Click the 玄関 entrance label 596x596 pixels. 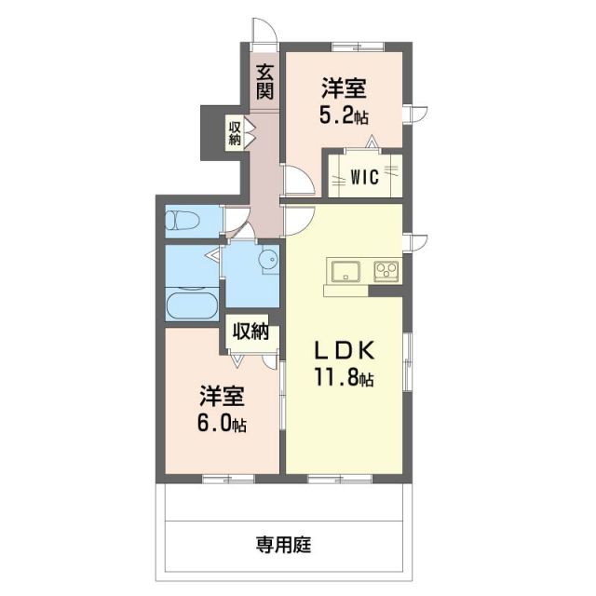[x=265, y=80]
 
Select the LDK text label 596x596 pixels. [x=343, y=351]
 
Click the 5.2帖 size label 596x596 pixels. [x=344, y=117]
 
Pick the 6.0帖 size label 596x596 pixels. [x=221, y=425]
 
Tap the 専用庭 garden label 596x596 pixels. [x=283, y=545]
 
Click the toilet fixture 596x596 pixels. [x=183, y=221]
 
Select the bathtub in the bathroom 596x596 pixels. [x=192, y=304]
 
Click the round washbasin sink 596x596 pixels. [x=268, y=262]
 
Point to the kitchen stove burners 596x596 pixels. [x=386, y=271]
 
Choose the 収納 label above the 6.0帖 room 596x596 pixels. [x=251, y=331]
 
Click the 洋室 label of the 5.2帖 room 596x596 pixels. [x=344, y=89]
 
